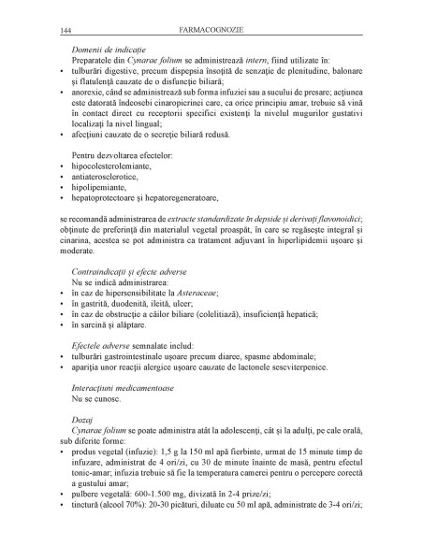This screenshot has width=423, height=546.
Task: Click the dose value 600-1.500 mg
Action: pos(166,500)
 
